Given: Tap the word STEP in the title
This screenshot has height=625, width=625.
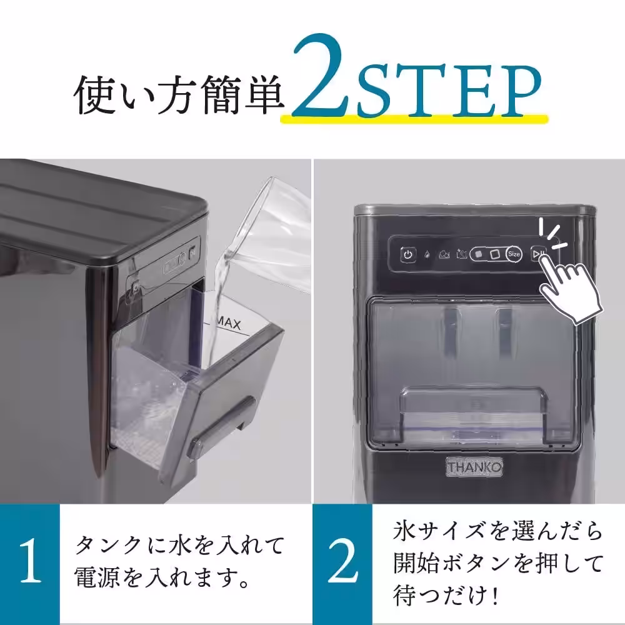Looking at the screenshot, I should point(447,94).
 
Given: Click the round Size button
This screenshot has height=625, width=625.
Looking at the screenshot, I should point(514,254).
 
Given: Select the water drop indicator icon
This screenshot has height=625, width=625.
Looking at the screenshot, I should point(427,255).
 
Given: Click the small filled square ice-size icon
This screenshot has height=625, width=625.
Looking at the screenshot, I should point(479,254).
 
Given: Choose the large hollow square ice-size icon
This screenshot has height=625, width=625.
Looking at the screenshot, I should point(494,254).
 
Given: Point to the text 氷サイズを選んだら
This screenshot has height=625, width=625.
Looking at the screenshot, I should point(498,532).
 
